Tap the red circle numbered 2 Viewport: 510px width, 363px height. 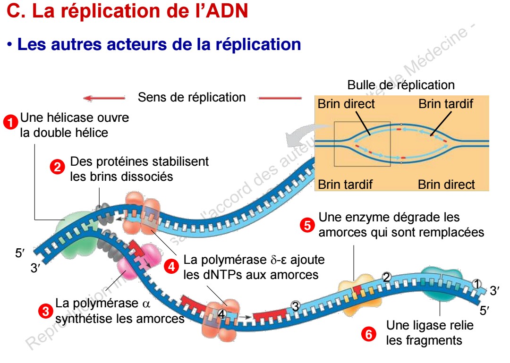pos(58,167)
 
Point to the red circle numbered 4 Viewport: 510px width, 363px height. pos(171,266)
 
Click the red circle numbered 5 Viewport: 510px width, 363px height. pos(307,225)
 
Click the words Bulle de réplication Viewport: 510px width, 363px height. pos(401,85)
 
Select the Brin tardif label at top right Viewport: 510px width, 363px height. pos(445,104)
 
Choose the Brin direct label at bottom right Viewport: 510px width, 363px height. pos(446,184)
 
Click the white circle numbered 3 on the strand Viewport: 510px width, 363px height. pos(296,306)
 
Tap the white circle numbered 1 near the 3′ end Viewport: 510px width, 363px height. pos(477,284)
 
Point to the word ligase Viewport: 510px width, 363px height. pos(426,325)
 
